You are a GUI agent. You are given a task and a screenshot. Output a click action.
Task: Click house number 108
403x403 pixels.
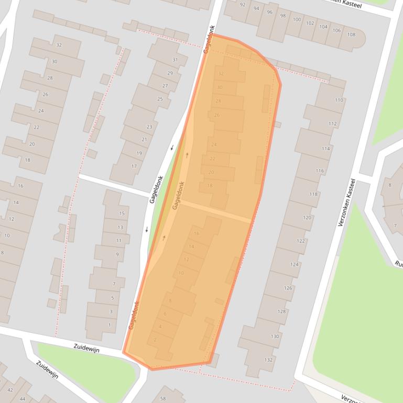[x=351, y=35]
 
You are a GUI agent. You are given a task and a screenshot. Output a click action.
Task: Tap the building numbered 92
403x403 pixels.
[x=242, y=5]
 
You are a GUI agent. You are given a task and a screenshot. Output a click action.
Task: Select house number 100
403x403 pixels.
[x=297, y=19]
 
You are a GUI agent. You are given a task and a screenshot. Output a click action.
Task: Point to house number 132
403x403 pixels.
[x=269, y=360]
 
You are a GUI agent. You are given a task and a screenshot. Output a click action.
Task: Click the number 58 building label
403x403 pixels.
[x=163, y=399]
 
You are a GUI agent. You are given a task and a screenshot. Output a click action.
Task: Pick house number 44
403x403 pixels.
[x=23, y=399]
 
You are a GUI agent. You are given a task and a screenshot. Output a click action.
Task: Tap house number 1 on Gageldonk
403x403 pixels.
[x=110, y=325]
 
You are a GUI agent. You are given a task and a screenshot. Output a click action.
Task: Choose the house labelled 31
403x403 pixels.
[x=175, y=60]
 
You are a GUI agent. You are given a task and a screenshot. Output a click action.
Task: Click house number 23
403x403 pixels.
[x=149, y=127]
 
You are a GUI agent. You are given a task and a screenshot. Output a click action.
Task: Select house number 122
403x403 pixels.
[x=301, y=241]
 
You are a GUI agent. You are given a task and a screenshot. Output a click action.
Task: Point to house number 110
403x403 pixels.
[x=339, y=100]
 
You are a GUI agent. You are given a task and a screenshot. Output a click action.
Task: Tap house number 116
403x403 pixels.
[x=320, y=171]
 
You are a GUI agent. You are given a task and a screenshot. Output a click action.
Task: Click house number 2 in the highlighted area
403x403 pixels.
[x=155, y=340]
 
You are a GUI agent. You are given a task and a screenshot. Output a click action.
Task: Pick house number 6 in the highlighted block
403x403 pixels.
[x=165, y=314]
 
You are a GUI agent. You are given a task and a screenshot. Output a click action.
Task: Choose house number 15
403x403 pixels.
[x=122, y=213]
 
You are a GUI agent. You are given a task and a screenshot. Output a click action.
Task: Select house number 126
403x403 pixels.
[x=288, y=288]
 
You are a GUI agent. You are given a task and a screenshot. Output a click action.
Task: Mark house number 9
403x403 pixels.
[x=117, y=254]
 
